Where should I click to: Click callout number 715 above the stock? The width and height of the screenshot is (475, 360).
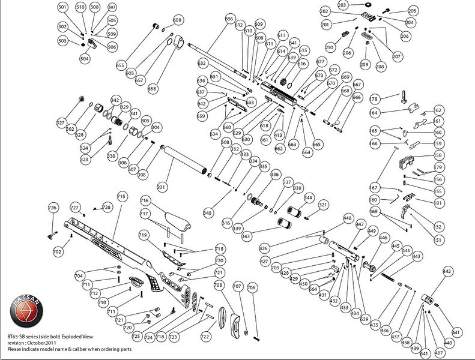click(121, 196)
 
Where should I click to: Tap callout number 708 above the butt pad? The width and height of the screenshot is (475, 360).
click(219, 285)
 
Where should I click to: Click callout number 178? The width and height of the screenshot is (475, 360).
click(374, 99)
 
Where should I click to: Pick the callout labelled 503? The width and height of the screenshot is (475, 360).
click(62, 41)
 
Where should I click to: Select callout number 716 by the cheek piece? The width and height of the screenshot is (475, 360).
click(145, 200)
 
